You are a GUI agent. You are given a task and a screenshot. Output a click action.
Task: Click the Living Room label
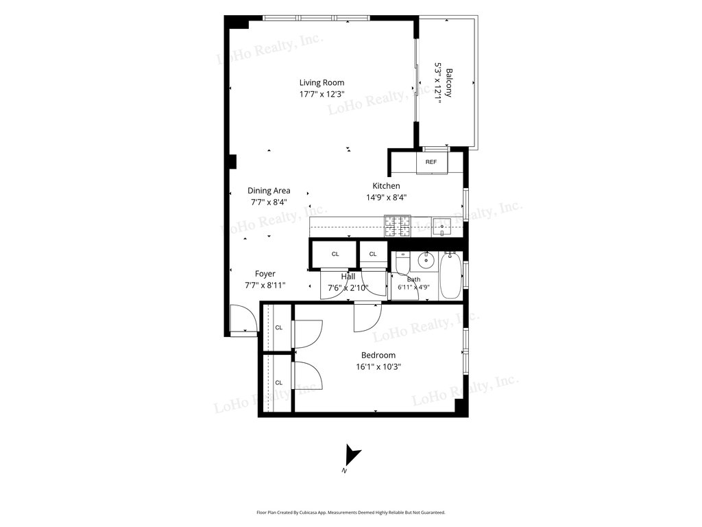[322, 82]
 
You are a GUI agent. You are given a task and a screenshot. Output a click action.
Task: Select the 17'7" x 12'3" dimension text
[322, 94]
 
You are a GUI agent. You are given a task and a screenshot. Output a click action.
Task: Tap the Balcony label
[449, 82]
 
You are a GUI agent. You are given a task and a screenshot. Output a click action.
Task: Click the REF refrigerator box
[431, 162]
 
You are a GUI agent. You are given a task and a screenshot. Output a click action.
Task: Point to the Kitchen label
[386, 185]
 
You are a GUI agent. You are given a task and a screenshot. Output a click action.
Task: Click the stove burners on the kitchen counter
[398, 226]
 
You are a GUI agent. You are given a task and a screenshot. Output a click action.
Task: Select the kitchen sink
[442, 227]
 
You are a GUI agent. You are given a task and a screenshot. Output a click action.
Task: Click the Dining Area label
[269, 191]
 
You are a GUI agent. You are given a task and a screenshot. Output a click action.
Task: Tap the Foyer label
[265, 274]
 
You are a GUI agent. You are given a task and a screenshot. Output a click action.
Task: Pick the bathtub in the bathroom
[450, 276]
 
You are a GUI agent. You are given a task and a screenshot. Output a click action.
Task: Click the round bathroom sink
[425, 260]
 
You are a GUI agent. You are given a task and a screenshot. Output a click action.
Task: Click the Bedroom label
[378, 355]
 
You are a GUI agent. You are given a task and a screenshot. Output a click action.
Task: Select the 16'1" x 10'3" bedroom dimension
[378, 367]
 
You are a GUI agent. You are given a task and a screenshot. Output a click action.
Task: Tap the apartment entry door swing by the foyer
[244, 320]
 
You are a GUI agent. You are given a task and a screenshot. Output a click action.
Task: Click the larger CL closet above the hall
[335, 254]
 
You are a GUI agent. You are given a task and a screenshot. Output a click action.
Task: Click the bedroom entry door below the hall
[367, 317]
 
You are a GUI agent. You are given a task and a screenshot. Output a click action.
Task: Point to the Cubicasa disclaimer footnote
[351, 512]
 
